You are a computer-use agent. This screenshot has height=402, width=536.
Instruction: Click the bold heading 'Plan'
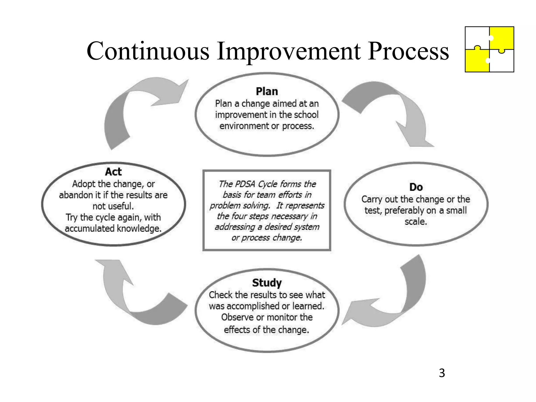pyautogui.click(x=267, y=92)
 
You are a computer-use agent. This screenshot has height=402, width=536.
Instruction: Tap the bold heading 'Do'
pyautogui.click(x=416, y=187)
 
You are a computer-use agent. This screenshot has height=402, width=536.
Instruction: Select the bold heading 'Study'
pyautogui.click(x=267, y=283)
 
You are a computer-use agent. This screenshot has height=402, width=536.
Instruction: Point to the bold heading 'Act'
pyautogui.click(x=113, y=172)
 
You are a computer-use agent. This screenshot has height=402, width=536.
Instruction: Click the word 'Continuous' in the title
pyautogui.click(x=148, y=51)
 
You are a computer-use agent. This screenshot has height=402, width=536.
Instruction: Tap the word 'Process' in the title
pyautogui.click(x=408, y=51)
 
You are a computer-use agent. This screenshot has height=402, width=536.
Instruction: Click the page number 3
pyautogui.click(x=442, y=373)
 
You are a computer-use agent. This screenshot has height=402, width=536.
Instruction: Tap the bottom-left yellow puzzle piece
pyautogui.click(x=477, y=61)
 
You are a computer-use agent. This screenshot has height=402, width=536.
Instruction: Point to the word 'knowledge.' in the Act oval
pyautogui.click(x=139, y=229)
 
